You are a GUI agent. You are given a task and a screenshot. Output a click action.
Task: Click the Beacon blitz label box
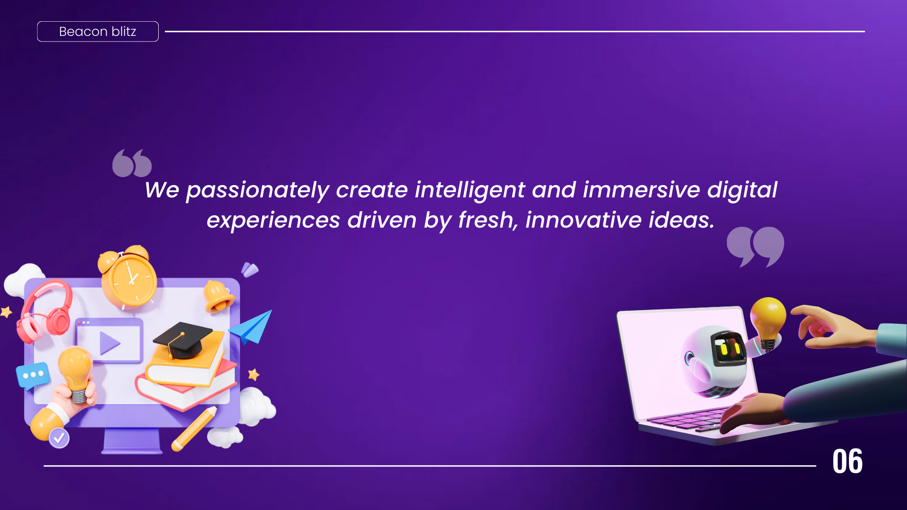(x=98, y=32)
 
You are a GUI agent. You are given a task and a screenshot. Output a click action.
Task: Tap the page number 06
(x=847, y=461)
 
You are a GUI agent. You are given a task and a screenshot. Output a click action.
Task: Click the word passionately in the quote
(x=257, y=191)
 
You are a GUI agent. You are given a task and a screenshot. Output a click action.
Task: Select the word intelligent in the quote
(x=470, y=190)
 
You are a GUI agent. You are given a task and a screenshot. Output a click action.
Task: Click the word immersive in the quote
(x=641, y=190)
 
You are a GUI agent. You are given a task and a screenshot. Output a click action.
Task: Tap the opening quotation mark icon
(x=132, y=163)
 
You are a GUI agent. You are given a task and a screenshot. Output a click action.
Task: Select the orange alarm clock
(x=127, y=277)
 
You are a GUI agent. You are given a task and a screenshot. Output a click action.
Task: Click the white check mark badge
(x=59, y=438)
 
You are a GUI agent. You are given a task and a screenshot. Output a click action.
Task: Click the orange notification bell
(x=218, y=296)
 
